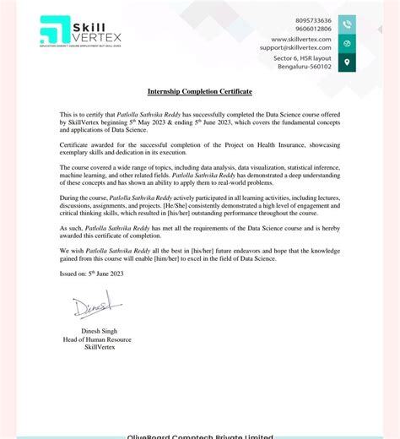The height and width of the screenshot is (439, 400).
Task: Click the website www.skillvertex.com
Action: tap(301, 39)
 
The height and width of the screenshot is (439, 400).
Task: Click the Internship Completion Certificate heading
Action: tap(200, 91)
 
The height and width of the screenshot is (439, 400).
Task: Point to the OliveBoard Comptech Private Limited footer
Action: tap(200, 436)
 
